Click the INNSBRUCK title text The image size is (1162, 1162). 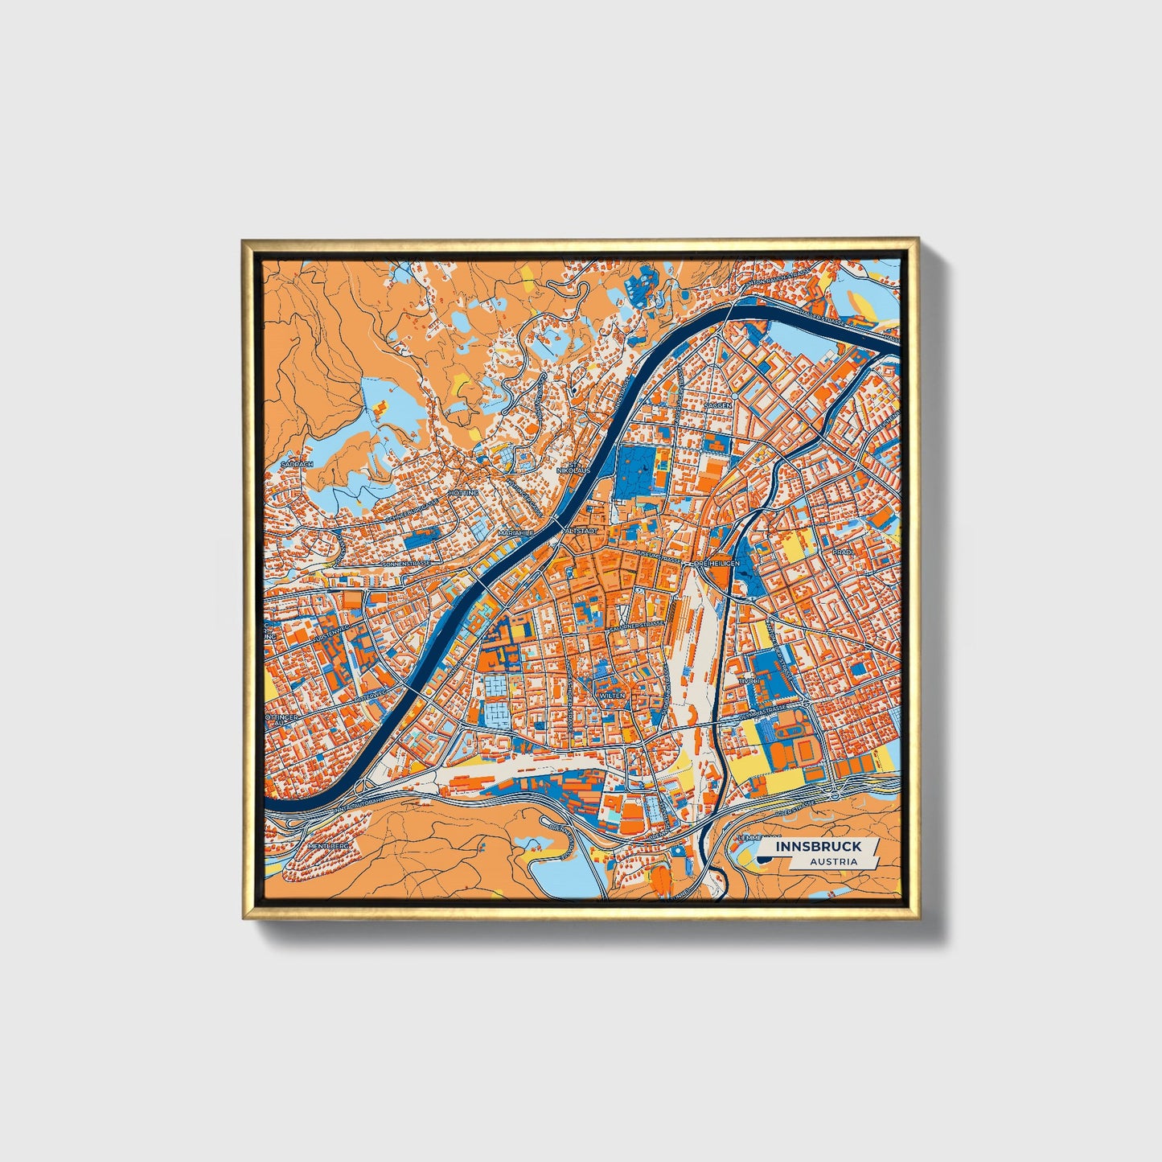tap(819, 846)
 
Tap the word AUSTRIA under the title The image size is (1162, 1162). tap(832, 861)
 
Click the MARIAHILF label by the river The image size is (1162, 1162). tap(515, 532)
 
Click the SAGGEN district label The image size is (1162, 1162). tap(718, 406)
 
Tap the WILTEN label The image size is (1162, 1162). tap(611, 695)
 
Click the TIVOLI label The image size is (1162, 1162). tap(749, 680)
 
